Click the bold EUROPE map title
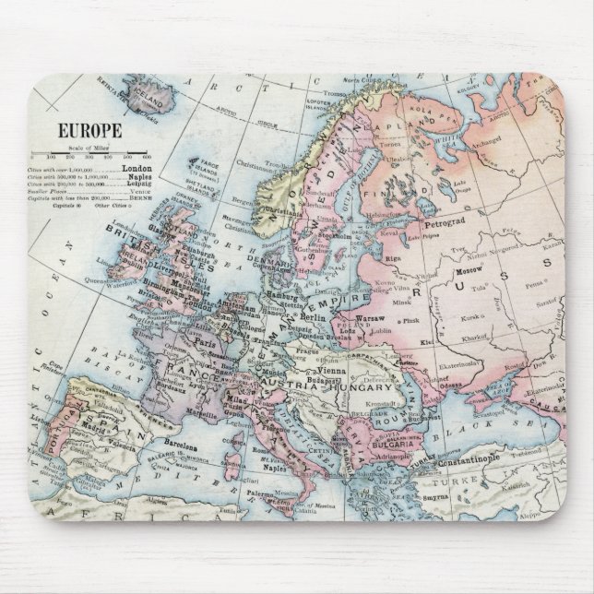pyautogui.click(x=89, y=132)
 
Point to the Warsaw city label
pyautogui.click(x=371, y=317)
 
